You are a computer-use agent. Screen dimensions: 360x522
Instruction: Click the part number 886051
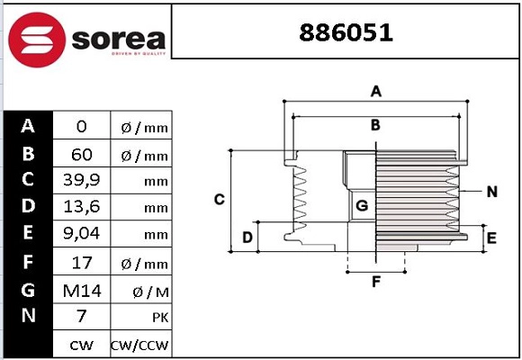click(x=346, y=33)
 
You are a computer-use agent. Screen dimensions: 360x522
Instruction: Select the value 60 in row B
click(x=81, y=155)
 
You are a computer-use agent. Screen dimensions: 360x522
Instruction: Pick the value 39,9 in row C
click(x=81, y=181)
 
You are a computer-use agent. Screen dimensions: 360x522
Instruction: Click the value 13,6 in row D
click(x=81, y=208)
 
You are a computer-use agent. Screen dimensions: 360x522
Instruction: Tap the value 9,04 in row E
click(x=81, y=235)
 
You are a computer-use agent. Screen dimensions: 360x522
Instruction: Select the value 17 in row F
click(x=81, y=263)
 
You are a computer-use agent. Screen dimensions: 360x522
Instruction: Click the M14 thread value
click(x=81, y=290)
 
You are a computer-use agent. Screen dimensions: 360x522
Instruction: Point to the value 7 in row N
click(x=81, y=317)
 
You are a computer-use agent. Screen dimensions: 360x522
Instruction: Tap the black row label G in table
click(x=28, y=290)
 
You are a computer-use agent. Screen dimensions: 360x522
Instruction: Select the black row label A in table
click(x=28, y=126)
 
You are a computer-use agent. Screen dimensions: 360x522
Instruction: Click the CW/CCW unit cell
click(x=139, y=345)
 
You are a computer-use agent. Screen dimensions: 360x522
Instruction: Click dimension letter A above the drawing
click(x=376, y=91)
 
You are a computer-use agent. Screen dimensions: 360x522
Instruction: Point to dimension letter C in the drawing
click(x=219, y=199)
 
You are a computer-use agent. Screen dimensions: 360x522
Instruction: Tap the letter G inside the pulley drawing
click(x=362, y=206)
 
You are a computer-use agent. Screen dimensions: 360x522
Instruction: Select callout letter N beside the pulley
click(x=492, y=191)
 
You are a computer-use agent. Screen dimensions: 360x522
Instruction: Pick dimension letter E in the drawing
click(x=491, y=238)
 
